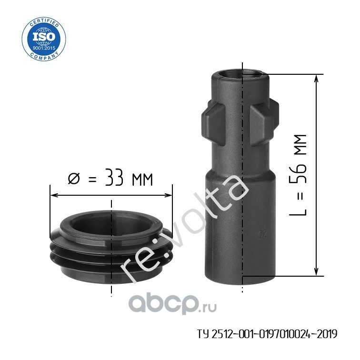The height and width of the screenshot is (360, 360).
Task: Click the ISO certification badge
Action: coord(44,39)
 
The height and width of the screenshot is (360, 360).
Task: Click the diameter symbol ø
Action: coord(74,179)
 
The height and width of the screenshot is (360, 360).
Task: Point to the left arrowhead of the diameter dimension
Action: coord(54,195)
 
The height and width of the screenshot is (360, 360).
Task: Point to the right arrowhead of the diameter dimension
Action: coord(168,195)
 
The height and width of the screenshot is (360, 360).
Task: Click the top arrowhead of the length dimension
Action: coord(316,79)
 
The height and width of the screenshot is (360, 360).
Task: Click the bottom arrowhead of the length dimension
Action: coord(316,271)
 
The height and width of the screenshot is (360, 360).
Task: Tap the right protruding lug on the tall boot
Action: coord(264,123)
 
